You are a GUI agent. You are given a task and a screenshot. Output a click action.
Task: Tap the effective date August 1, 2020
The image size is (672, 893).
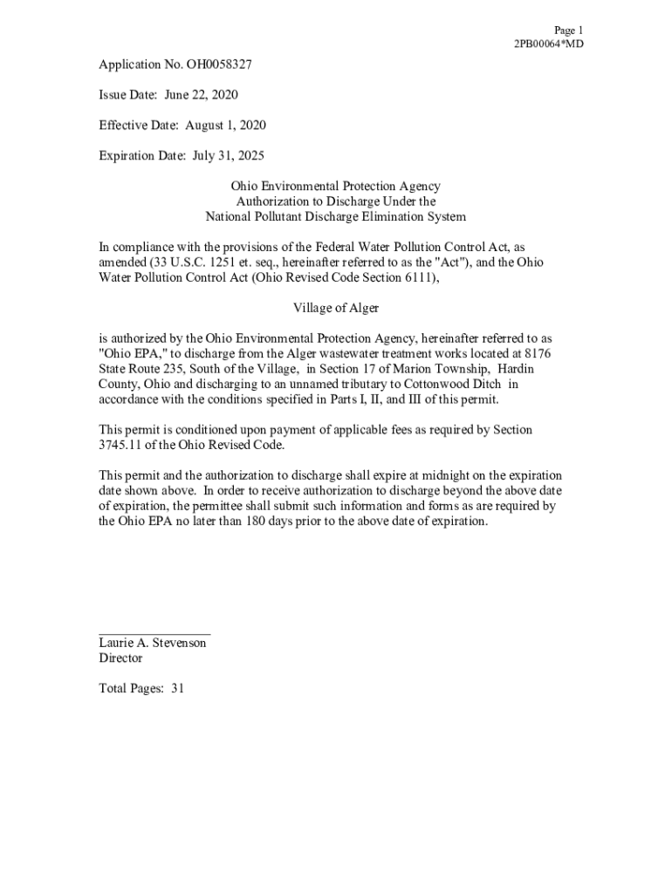tap(225, 125)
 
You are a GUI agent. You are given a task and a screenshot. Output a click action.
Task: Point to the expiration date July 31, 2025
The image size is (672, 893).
tap(226, 155)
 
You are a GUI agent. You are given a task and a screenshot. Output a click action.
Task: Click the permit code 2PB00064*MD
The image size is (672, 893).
tap(548, 44)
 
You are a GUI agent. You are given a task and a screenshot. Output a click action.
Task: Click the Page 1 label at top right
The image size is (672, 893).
tap(568, 30)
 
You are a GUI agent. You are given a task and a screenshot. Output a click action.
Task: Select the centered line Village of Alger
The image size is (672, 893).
tap(335, 308)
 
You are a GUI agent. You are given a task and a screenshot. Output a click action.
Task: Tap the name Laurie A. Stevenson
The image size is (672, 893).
tap(153, 643)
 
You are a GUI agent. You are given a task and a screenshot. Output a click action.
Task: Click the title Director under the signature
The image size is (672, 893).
tap(120, 658)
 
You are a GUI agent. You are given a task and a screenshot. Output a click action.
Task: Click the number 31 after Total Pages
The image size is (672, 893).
tap(177, 688)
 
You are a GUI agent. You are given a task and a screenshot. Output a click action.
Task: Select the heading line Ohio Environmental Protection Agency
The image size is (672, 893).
tap(335, 186)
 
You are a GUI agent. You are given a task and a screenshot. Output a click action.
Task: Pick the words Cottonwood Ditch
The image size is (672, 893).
tap(457, 384)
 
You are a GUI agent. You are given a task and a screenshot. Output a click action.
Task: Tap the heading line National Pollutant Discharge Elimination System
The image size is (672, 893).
tap(335, 216)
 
